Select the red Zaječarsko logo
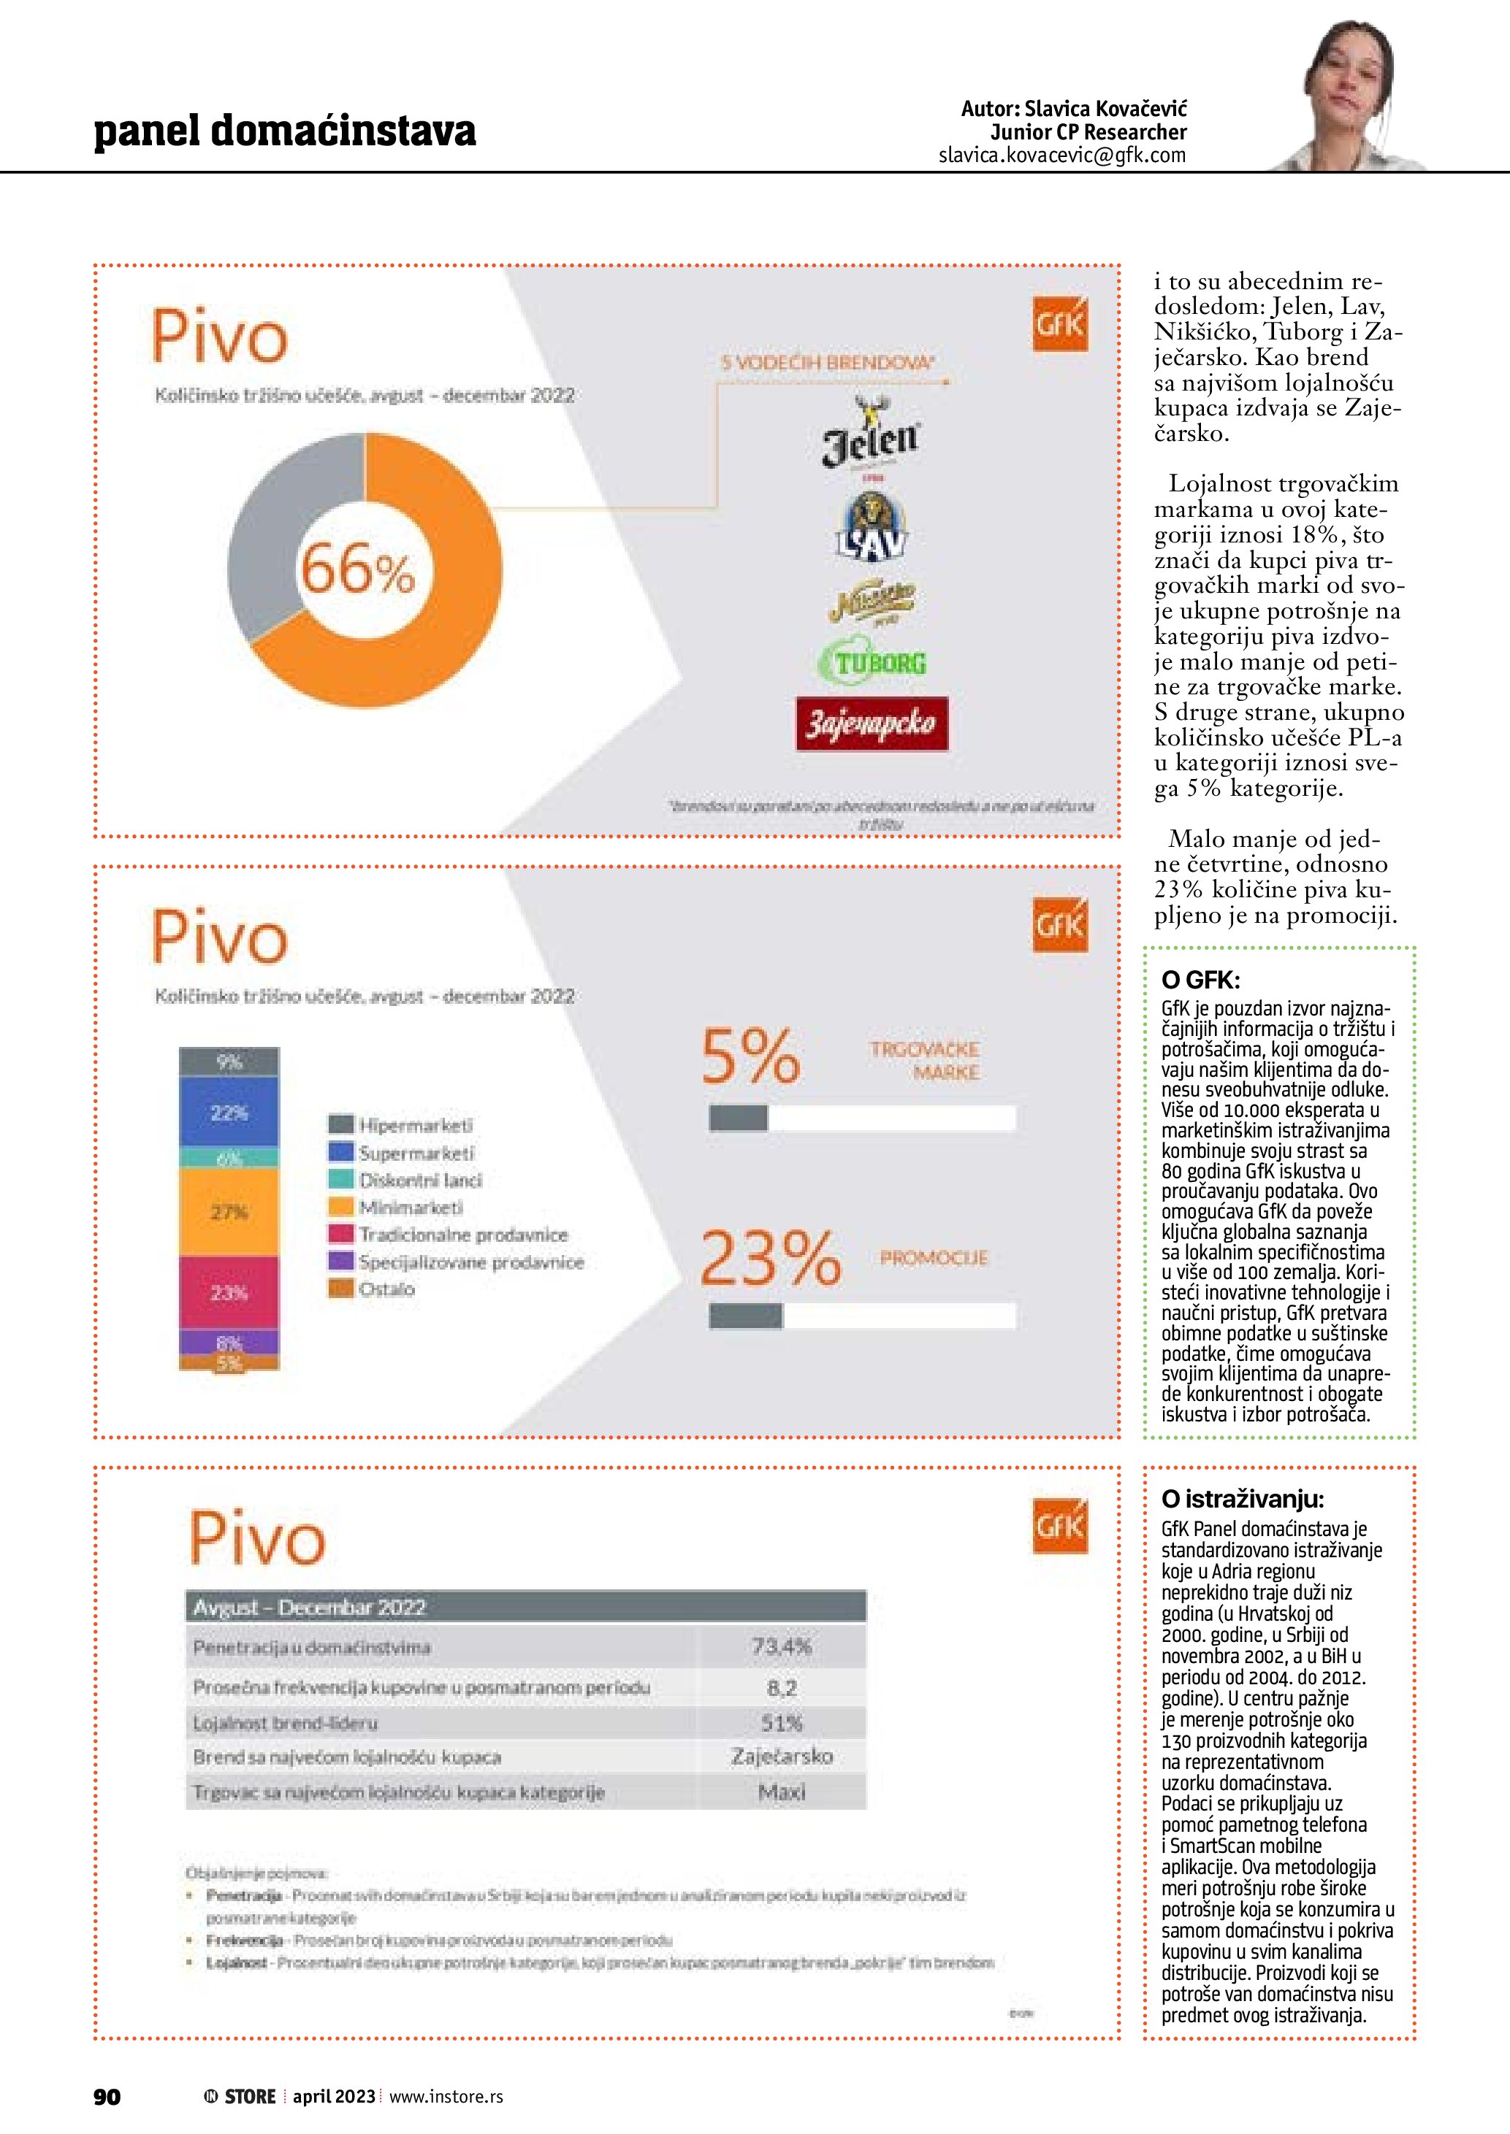(x=872, y=723)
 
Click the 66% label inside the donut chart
(x=358, y=569)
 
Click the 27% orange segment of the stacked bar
(x=229, y=1212)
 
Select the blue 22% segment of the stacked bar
(x=229, y=1113)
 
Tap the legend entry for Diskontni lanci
(x=419, y=1181)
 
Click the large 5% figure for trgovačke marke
(x=750, y=1056)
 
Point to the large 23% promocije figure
(x=770, y=1259)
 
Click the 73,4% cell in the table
(x=781, y=1647)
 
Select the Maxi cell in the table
(x=781, y=1792)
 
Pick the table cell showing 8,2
(x=781, y=1688)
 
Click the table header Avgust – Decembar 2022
(x=310, y=1607)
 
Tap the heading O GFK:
(x=1200, y=980)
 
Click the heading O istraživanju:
(x=1242, y=1498)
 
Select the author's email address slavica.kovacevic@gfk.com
(x=1062, y=156)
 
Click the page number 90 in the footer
(x=107, y=2097)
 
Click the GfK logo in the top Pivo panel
(x=1060, y=324)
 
